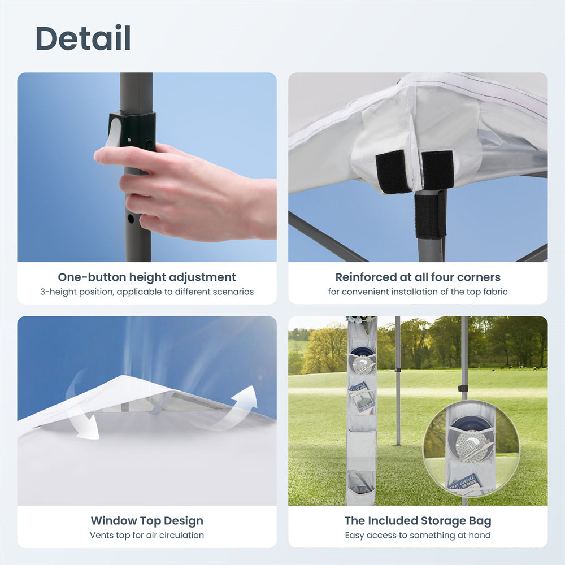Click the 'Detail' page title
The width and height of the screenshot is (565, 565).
83,38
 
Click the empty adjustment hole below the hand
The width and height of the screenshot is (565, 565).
131,218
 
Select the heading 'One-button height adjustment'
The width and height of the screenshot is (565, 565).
147,277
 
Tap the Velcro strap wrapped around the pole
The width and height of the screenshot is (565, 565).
430,216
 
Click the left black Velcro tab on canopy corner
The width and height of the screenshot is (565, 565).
393,172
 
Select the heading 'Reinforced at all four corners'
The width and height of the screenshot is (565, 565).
418,277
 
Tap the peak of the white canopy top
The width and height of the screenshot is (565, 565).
124,376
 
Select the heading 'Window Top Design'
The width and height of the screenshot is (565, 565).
147,521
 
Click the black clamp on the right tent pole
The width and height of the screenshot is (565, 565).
463,389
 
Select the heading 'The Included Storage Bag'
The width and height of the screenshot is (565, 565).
418,521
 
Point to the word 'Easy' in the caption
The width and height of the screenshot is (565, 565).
353,536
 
